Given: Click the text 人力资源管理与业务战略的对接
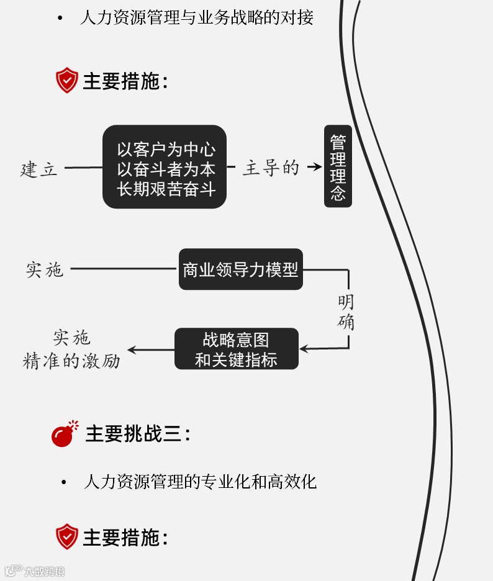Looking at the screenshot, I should (x=197, y=18).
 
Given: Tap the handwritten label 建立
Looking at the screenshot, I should (x=39, y=169).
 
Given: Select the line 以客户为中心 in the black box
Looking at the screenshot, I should (x=166, y=150).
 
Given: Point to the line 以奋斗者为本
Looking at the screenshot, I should (x=166, y=169).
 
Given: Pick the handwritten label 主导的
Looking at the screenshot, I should (x=271, y=168).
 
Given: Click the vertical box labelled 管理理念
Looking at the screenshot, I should (x=338, y=166).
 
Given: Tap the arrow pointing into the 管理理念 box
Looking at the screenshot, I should (x=315, y=167).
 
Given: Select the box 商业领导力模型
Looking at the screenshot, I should (x=240, y=269).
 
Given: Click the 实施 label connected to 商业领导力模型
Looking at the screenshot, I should (x=45, y=269).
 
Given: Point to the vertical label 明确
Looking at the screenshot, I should (x=346, y=312).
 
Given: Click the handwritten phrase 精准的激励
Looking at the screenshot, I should (x=71, y=361).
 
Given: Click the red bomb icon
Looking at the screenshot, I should (x=64, y=435).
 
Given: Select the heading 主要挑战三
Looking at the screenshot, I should (x=137, y=434).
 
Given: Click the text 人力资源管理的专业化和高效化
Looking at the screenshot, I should (x=200, y=482).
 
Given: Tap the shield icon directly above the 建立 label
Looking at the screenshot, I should (x=67, y=81).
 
